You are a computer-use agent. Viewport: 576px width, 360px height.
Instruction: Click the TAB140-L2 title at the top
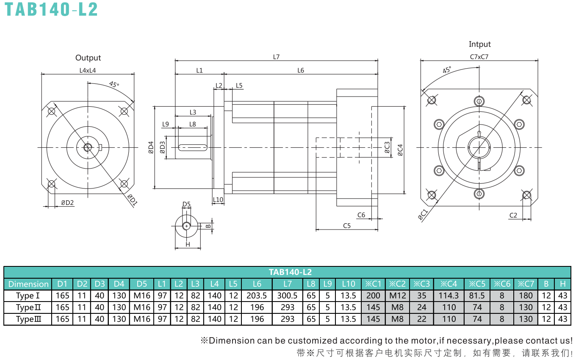click(51, 9)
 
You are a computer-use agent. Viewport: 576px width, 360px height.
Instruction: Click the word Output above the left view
click(88, 58)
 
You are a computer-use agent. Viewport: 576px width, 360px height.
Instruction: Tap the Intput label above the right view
click(479, 44)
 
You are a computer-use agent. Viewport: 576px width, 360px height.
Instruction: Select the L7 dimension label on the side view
click(276, 57)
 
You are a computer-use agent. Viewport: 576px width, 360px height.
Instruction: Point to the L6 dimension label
click(301, 70)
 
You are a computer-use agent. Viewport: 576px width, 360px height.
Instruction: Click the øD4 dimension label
click(151, 147)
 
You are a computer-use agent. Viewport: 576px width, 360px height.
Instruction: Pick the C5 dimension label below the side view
click(347, 226)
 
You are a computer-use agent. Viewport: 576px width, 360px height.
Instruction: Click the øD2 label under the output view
click(67, 203)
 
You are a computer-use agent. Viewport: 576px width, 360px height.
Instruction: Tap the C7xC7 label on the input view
click(479, 57)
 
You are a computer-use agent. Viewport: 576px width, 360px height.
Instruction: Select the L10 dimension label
click(218, 200)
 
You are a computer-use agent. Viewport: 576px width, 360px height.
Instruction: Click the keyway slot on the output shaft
click(193, 147)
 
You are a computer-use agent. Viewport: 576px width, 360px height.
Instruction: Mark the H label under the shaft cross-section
click(188, 244)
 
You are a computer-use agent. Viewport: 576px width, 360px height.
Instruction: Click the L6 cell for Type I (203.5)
click(257, 296)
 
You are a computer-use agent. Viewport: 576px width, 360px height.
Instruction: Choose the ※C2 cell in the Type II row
click(398, 307)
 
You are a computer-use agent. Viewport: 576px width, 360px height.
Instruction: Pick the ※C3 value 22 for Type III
click(422, 319)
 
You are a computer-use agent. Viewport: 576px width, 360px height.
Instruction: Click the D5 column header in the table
click(142, 284)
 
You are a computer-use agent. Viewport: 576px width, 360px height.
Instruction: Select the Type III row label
click(28, 319)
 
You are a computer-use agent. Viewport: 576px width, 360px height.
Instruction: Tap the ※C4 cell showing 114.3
click(449, 296)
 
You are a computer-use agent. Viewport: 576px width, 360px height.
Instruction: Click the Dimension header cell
click(28, 284)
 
